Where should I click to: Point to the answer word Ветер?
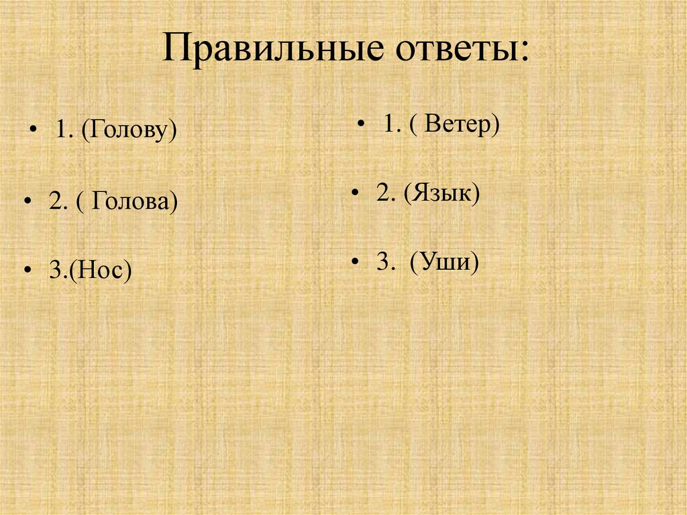click(x=459, y=124)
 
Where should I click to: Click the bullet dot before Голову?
click(x=34, y=132)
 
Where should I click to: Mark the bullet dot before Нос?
click(x=26, y=270)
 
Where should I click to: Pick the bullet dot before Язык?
click(x=354, y=194)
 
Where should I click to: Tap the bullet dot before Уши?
click(x=354, y=263)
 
